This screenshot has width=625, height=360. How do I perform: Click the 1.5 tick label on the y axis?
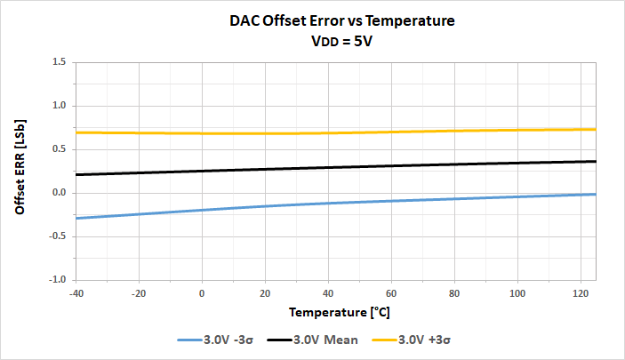pyautogui.click(x=60, y=62)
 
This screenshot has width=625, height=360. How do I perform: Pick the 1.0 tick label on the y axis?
pyautogui.click(x=60, y=106)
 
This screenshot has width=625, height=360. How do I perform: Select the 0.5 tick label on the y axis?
pyautogui.click(x=60, y=149)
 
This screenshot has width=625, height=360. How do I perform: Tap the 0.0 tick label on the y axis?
pyautogui.click(x=60, y=193)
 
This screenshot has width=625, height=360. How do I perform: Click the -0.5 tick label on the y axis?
pyautogui.click(x=58, y=236)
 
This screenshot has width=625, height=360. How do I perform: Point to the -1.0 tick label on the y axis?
pyautogui.click(x=58, y=280)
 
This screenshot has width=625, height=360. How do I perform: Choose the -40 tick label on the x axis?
pyautogui.click(x=76, y=293)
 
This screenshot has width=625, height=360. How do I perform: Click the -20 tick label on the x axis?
pyautogui.click(x=140, y=293)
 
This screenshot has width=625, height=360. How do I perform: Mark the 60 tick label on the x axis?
pyautogui.click(x=392, y=293)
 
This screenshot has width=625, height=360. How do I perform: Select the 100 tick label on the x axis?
pyautogui.click(x=518, y=293)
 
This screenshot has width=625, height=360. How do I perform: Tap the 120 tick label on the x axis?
pyautogui.click(x=581, y=293)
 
